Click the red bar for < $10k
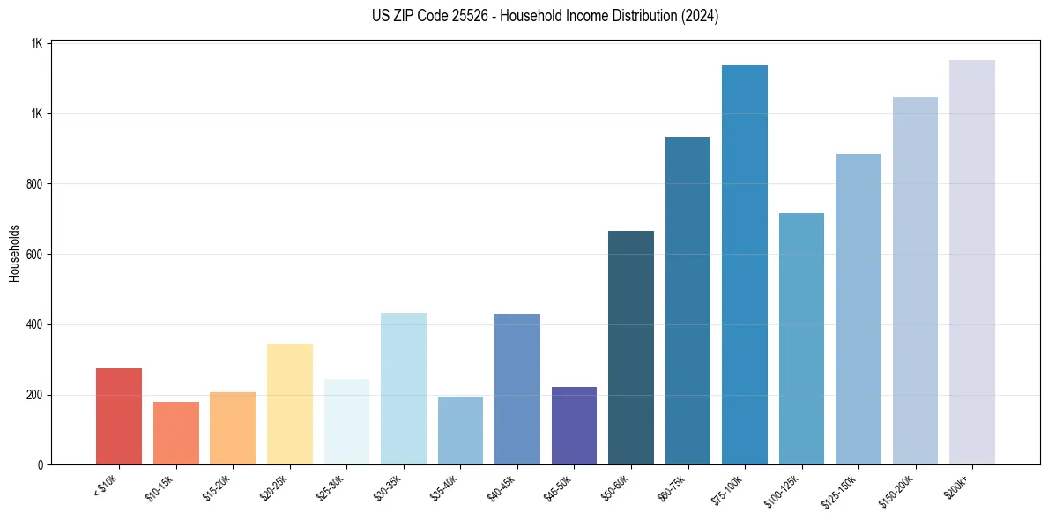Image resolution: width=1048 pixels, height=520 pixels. [119, 416]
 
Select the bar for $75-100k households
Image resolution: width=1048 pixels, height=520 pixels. [745, 264]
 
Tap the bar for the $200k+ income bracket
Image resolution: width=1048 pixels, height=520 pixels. [972, 262]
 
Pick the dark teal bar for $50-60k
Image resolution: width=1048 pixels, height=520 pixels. [631, 347]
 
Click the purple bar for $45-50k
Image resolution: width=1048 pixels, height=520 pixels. [574, 426]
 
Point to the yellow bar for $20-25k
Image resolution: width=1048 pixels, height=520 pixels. [289, 404]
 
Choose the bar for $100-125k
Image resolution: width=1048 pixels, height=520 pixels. [801, 338]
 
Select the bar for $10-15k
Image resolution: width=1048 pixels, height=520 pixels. [175, 433]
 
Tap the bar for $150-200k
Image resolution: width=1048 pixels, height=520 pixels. [915, 280]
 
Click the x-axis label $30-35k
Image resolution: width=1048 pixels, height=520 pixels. [389, 487]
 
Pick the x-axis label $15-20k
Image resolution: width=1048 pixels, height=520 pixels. [218, 487]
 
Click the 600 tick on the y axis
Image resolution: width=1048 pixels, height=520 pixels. [35, 255]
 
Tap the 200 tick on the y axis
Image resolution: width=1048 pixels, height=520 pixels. [35, 395]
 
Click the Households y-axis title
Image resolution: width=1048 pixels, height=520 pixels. [14, 254]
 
